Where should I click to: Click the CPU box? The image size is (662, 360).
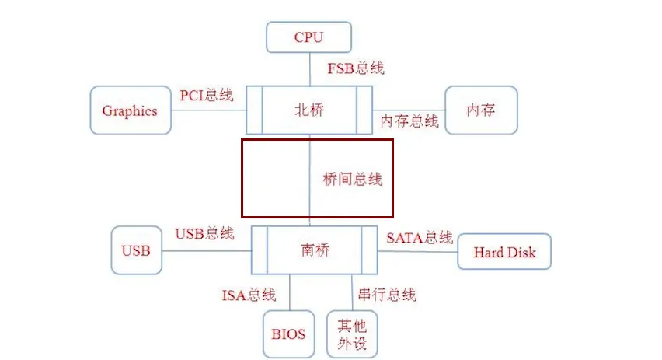[308, 37]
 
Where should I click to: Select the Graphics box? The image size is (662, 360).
[130, 110]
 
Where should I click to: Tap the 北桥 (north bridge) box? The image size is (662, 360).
[310, 110]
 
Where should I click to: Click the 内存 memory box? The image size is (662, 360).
[480, 110]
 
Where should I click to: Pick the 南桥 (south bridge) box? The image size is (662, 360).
[314, 250]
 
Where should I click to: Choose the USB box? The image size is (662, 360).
[136, 250]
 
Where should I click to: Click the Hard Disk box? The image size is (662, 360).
[504, 252]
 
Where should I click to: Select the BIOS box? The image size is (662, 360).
[288, 334]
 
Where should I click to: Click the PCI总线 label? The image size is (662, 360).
[206, 96]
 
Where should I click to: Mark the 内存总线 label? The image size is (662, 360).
[409, 121]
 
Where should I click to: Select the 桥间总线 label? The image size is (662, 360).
[353, 179]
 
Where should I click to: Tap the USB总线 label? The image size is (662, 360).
[204, 233]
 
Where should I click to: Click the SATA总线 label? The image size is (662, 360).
[419, 237]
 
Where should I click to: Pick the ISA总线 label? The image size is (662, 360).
[249, 295]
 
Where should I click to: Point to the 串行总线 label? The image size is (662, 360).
[386, 295]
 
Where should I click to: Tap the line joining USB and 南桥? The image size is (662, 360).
[207, 250]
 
